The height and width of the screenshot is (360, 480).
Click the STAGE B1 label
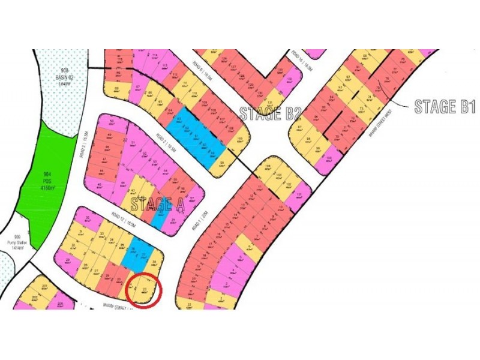[x=445, y=107]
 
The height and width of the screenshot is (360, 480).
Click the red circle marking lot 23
[x=145, y=290]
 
